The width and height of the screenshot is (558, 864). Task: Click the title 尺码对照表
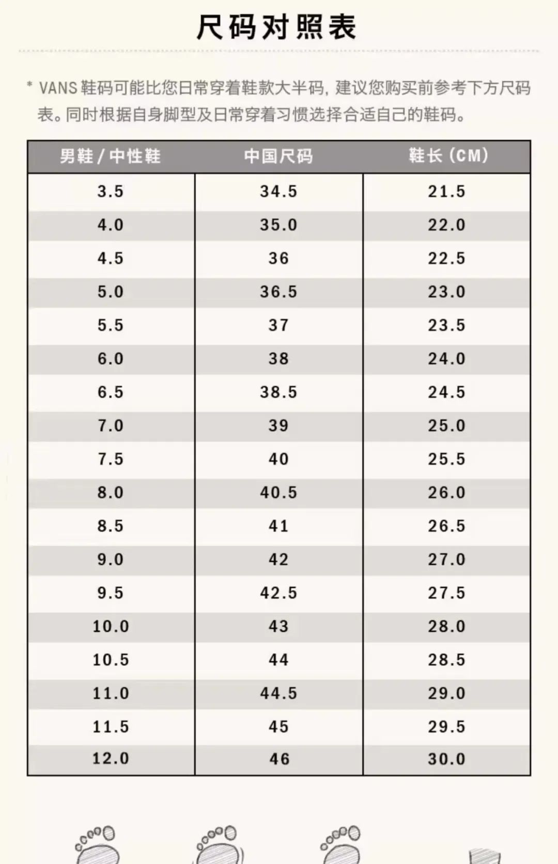277,27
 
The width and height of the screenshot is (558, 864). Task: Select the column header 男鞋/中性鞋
110,156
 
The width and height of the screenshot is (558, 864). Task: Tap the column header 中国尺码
278,156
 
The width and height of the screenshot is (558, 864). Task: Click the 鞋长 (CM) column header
447,156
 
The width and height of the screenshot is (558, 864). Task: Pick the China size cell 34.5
278,192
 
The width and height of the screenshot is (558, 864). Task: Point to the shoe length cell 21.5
446,192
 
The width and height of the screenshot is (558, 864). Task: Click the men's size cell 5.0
111,292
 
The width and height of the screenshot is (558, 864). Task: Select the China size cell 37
278,326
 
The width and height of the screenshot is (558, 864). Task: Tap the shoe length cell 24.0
446,359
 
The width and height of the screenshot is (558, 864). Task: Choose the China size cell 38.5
278,392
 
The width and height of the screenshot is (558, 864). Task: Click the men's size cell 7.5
111,459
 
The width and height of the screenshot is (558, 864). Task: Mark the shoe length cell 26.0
446,493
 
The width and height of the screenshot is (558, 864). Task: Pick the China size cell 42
278,559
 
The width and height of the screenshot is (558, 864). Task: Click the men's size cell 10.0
111,627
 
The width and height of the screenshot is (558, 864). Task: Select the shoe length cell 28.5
446,660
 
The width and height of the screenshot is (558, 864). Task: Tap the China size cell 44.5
278,693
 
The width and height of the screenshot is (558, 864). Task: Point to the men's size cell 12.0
111,759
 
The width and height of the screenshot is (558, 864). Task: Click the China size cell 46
279,759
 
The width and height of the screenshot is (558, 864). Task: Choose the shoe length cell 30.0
446,759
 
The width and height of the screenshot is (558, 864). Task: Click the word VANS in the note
58,88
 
